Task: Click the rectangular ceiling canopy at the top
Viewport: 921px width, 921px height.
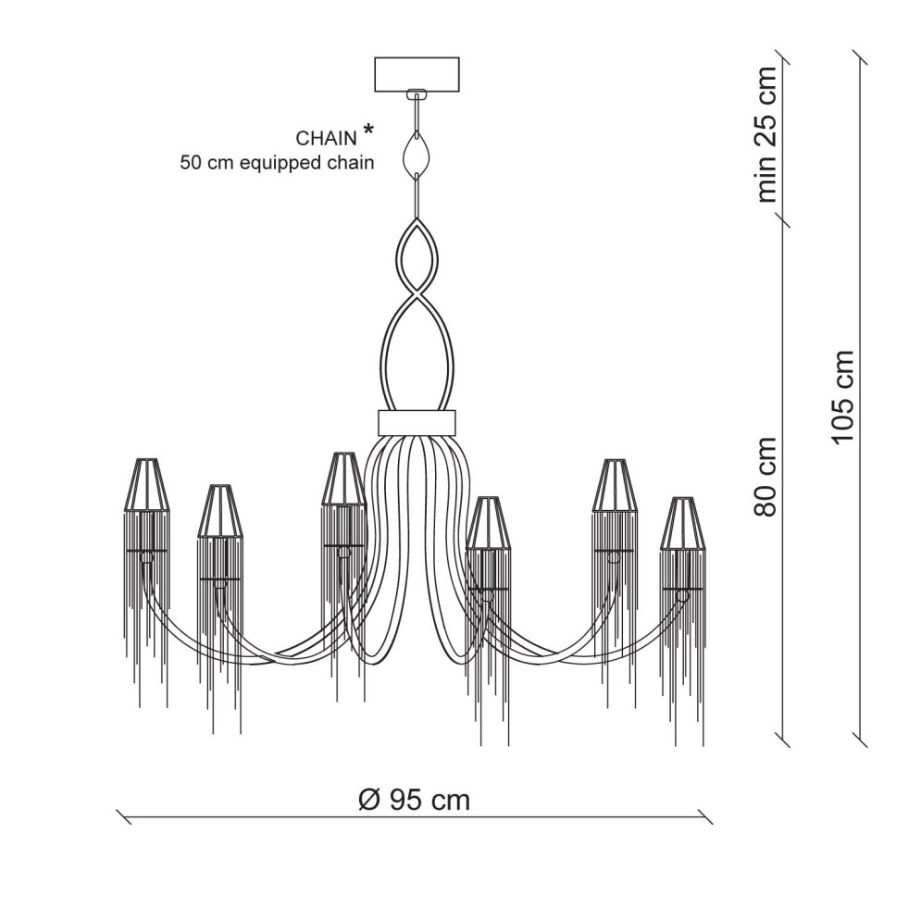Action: coord(417,74)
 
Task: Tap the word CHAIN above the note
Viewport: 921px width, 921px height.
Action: coord(326,138)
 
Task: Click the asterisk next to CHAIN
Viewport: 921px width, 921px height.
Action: coord(368,131)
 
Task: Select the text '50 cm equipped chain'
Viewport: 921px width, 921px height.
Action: coord(277,162)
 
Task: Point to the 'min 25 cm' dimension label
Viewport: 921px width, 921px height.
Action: coord(767,134)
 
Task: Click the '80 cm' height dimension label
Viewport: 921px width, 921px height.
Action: coord(765,477)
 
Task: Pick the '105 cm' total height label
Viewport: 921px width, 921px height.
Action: coord(842,397)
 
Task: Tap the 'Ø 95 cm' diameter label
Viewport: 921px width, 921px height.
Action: coord(414,800)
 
